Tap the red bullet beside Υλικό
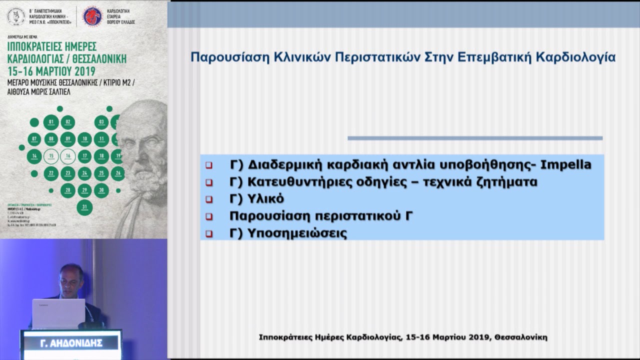(209, 199)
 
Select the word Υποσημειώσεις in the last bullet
(297, 233)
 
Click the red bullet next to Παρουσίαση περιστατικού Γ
(209, 217)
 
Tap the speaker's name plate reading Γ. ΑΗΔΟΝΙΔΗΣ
(71, 343)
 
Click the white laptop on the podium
(58, 313)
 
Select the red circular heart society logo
(92, 16)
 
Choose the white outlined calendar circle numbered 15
(51, 156)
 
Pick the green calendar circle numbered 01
(51, 122)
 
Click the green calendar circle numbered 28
(68, 190)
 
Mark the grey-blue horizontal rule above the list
(475, 138)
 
